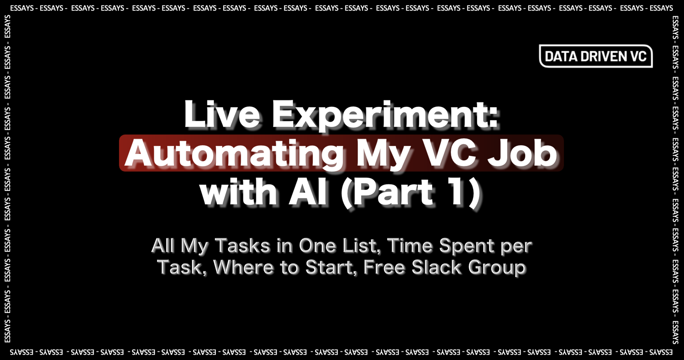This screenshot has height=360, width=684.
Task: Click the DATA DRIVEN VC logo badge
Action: tap(596, 56)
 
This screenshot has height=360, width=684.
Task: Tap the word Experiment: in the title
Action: tap(385, 115)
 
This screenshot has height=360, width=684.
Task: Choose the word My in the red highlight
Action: tap(383, 154)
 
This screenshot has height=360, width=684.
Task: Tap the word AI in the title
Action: tap(309, 193)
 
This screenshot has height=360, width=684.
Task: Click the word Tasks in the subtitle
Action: tap(242, 246)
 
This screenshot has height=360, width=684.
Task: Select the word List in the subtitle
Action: tap(363, 246)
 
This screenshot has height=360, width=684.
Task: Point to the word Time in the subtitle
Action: tap(410, 246)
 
